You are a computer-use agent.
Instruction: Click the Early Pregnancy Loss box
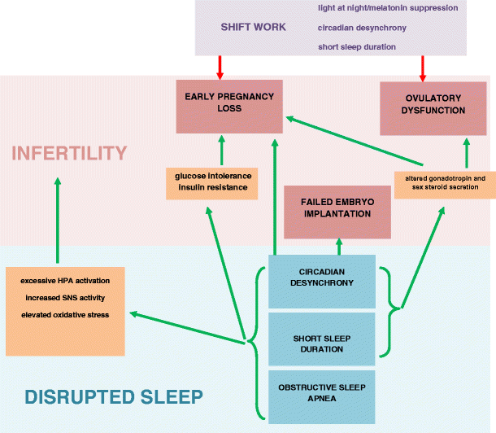pos(229,107)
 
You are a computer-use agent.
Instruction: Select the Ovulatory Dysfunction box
pos(433,108)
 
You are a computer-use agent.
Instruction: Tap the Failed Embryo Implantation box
pos(337,212)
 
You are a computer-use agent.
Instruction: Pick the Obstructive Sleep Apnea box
pos(322,397)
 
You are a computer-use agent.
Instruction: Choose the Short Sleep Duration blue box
pos(322,339)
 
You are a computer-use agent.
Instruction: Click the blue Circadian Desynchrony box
pos(322,282)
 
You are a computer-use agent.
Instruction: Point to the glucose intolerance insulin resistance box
pos(212,184)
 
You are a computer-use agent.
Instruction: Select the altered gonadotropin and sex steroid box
pos(445,186)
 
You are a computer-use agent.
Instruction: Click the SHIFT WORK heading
pos(253,27)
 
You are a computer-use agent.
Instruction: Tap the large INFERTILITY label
pos(69,153)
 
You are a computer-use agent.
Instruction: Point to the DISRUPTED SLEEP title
pos(114,397)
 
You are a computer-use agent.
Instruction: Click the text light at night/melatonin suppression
pos(388,8)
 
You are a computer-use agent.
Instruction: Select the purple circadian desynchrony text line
pos(362,28)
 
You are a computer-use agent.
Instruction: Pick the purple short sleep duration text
pos(357,47)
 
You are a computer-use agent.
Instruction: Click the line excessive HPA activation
pos(65,281)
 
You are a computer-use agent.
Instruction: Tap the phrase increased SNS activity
pos(65,298)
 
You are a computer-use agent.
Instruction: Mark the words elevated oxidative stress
pos(65,315)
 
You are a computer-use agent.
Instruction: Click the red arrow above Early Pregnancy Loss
pos(220,68)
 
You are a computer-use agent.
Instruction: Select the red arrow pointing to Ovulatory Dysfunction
pos(423,68)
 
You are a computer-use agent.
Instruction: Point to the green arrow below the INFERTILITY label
pos(58,221)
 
